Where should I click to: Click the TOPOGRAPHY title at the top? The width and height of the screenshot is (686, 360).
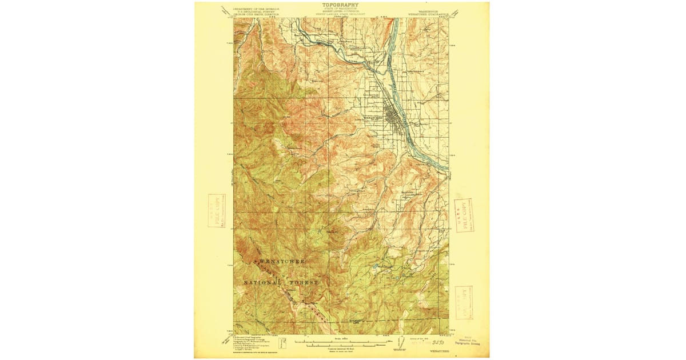pyautogui.click(x=341, y=5)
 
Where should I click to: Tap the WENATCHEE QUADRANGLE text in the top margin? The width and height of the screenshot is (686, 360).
pyautogui.click(x=428, y=12)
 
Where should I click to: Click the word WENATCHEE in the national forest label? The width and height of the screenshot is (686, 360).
pyautogui.click(x=282, y=261)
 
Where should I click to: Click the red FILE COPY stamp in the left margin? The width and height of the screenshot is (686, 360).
pyautogui.click(x=217, y=210)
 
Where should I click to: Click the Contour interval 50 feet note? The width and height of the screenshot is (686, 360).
pyautogui.click(x=341, y=349)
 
